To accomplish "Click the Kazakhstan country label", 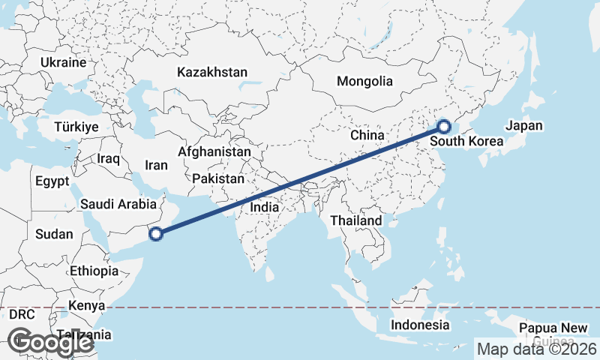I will [212, 73].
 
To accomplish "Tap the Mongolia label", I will [364, 81].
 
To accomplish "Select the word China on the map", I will [367, 135].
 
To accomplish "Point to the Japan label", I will [524, 126].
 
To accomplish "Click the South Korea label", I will [466, 141].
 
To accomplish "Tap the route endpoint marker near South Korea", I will [443, 127].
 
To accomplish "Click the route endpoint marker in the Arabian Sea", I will [156, 235].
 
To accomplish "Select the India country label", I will [264, 207].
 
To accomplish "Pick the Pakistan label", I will [218, 179].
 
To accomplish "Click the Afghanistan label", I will [214, 151].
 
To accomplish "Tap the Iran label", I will [156, 165].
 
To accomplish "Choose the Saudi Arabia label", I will [118, 204].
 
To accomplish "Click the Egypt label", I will [52, 181].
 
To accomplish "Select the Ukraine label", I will [64, 62].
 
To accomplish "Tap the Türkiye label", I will [76, 127].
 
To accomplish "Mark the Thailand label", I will [356, 220].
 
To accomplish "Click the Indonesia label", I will [420, 325].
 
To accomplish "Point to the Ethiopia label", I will [94, 271].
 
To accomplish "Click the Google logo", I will [50, 342].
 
